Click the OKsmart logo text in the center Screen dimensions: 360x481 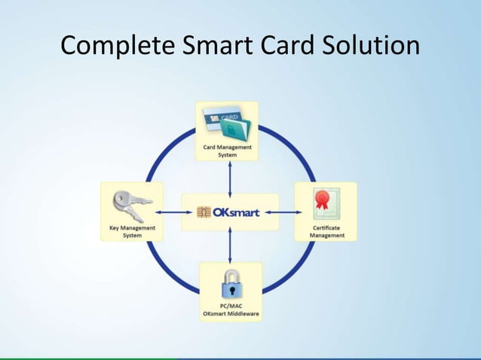[x=237, y=212]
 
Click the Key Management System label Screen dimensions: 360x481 [x=132, y=232]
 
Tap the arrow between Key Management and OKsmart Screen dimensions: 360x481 [x=172, y=212]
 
